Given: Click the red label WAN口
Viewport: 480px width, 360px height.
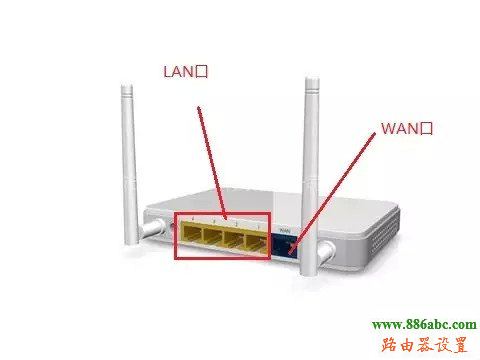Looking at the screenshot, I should [x=406, y=129].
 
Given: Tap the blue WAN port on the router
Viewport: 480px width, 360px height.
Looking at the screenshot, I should [x=285, y=240].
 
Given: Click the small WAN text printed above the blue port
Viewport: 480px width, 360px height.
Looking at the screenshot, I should [x=284, y=228].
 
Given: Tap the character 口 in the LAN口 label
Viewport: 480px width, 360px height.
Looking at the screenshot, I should [x=208, y=72].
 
